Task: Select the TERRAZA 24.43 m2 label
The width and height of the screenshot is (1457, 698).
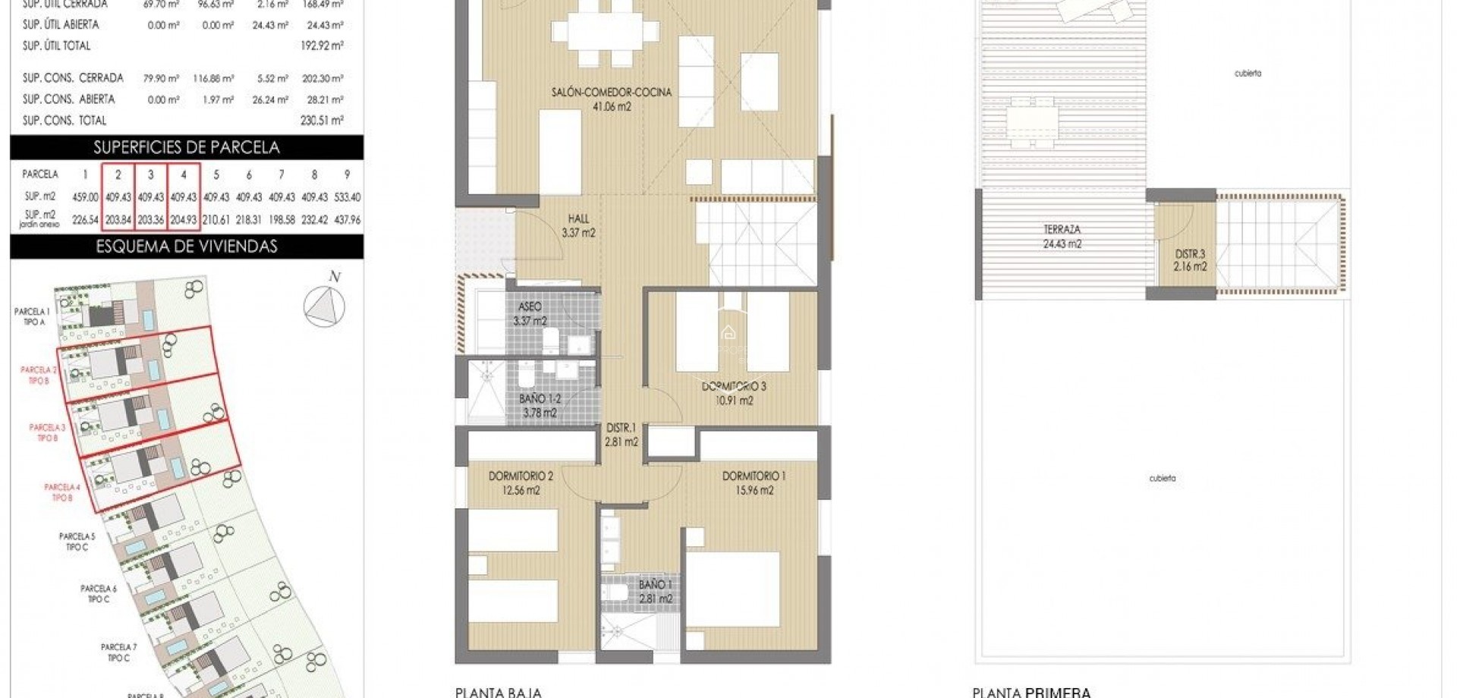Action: [x=1062, y=236]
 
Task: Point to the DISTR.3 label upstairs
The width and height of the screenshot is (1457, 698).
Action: [x=1190, y=260]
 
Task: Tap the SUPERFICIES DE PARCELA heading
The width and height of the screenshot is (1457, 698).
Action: [x=187, y=147]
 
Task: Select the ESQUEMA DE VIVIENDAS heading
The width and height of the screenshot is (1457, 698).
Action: [x=187, y=246]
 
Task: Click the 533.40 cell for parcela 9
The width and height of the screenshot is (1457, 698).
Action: [x=347, y=197]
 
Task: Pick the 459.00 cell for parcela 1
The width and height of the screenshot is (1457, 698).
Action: [x=85, y=197]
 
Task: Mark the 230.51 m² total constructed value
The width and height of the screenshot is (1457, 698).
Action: [x=322, y=120]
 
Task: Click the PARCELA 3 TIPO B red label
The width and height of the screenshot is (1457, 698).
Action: [x=47, y=432]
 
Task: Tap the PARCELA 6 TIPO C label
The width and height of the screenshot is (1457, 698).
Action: [x=99, y=593]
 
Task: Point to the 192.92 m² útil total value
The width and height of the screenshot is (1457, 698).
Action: [x=322, y=46]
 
